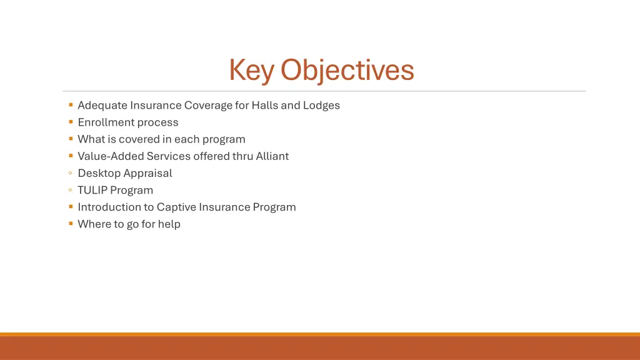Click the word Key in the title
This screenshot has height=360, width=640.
pos(252,70)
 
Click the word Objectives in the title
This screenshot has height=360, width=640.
pos(347,70)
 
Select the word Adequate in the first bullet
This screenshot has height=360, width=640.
pos(102,105)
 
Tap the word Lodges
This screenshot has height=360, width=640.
pos(322,105)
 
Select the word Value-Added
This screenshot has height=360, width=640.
pos(111,156)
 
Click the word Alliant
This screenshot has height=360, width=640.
pos(272,156)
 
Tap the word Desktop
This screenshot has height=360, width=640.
pos(99,173)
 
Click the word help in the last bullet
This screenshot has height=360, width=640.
pos(169,224)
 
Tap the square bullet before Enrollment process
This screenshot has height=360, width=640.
pos(71,122)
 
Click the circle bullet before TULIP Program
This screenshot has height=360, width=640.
pos(71,190)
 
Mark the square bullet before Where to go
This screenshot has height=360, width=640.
pos(71,223)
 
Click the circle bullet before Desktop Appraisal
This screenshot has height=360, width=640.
pos(71,173)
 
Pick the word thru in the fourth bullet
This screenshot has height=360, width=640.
pos(242,156)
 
